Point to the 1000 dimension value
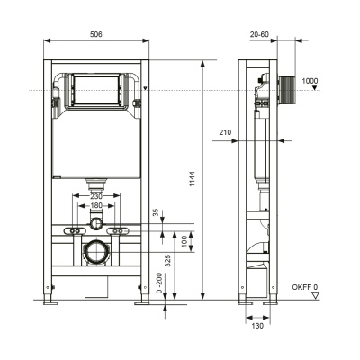tap(310, 82)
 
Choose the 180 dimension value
tap(95, 207)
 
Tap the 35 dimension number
tap(155, 213)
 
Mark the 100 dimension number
tap(184, 241)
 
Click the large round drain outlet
tap(95, 251)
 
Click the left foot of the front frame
tap(46, 302)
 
